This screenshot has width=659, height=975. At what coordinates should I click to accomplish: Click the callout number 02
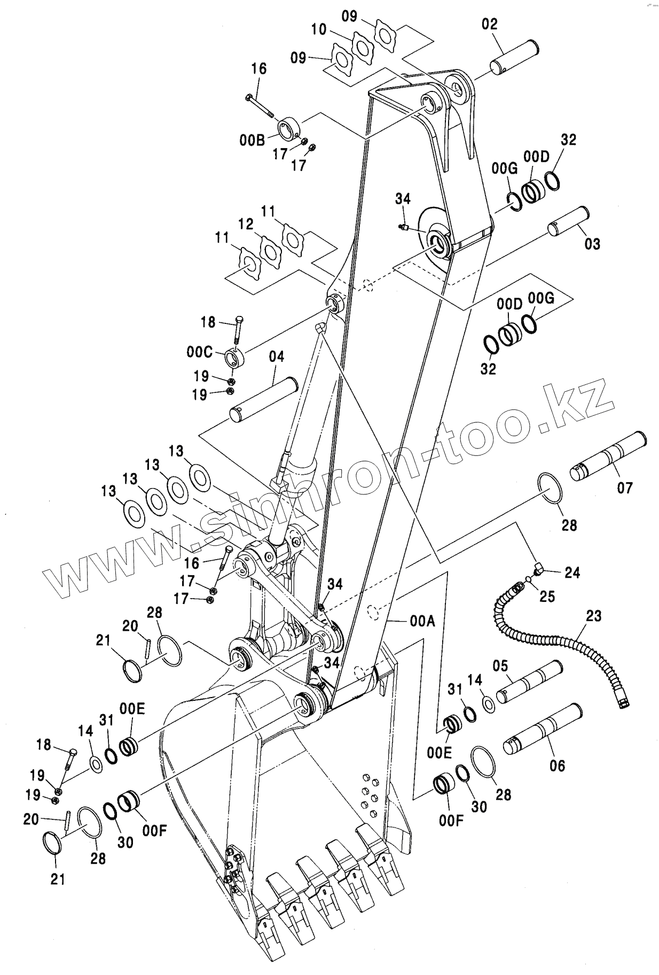point(489,24)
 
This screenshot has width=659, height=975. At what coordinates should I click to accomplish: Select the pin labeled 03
point(568,220)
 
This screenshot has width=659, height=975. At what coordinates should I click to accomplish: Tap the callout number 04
point(276,357)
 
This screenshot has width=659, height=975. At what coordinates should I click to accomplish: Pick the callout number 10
point(319,29)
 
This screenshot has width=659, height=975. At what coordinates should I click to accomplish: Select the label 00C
point(200,352)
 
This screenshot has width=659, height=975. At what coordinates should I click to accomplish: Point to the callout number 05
point(500,666)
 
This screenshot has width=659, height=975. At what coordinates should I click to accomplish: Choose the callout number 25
point(547,595)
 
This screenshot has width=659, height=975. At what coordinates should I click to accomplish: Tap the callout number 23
point(593,616)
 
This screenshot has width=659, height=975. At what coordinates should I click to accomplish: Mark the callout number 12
point(246,224)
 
